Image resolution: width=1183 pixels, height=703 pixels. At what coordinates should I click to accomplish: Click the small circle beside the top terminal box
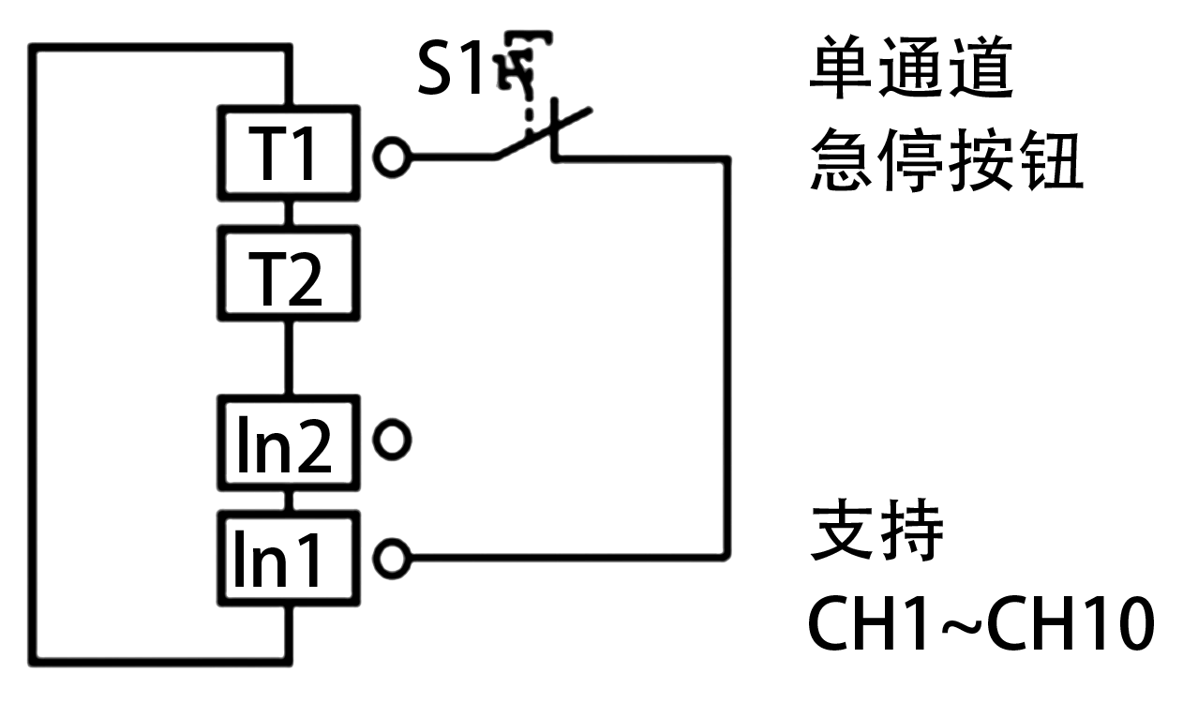(392, 157)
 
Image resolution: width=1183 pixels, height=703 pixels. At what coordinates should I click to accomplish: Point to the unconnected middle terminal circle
(392, 440)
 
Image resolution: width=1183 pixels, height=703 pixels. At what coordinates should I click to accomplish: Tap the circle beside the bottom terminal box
(392, 559)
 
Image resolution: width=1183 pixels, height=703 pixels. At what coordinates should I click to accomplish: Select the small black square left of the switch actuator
(448, 67)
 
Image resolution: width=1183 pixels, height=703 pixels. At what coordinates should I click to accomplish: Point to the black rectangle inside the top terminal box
(279, 153)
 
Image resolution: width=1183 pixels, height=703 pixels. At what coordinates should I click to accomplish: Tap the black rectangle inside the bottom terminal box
(276, 559)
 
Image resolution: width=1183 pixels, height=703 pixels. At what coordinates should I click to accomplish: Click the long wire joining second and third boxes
(288, 358)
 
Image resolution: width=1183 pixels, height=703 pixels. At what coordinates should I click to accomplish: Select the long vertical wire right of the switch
(726, 356)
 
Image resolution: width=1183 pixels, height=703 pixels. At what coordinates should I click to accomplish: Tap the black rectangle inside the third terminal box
(284, 442)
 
